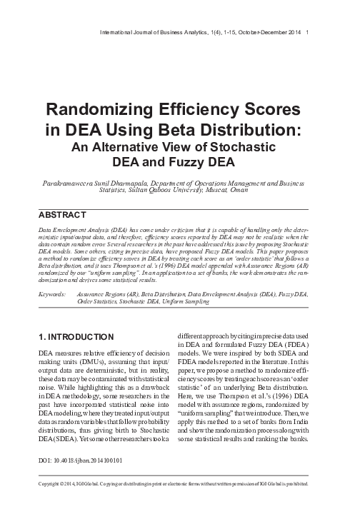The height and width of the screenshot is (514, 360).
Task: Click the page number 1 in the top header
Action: coord(306,32)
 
